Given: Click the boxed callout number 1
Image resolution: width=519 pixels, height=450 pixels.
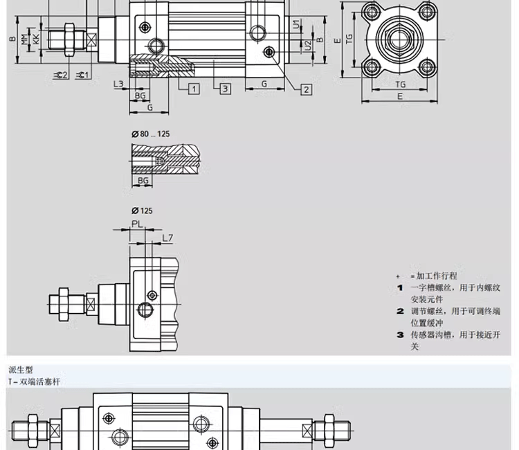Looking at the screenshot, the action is pyautogui.click(x=194, y=89).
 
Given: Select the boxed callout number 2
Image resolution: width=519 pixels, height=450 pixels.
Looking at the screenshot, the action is pyautogui.click(x=306, y=89).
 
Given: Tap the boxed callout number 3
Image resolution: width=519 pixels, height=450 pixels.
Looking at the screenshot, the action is pyautogui.click(x=226, y=89).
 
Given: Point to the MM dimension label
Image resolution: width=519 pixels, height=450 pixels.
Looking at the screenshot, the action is pyautogui.click(x=24, y=39).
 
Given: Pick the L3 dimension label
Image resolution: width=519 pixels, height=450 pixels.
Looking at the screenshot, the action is pyautogui.click(x=118, y=84).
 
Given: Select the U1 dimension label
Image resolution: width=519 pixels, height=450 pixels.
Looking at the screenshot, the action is pyautogui.click(x=296, y=25).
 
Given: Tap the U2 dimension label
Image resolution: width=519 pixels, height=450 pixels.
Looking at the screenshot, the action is pyautogui.click(x=307, y=45).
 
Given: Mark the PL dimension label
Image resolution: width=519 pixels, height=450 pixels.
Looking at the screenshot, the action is pyautogui.click(x=137, y=224).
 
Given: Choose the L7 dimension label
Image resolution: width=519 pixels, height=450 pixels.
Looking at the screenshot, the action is pyautogui.click(x=167, y=238).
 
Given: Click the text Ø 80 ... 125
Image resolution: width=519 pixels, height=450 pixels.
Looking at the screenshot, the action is pyautogui.click(x=150, y=134).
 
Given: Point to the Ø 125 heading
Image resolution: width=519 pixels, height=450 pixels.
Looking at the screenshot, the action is pyautogui.click(x=142, y=210).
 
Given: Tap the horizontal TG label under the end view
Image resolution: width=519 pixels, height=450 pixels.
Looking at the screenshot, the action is pyautogui.click(x=401, y=84).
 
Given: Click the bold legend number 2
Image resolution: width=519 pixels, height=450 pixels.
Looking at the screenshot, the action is pyautogui.click(x=400, y=312).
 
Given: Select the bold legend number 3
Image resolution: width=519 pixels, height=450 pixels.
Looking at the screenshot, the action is pyautogui.click(x=400, y=335).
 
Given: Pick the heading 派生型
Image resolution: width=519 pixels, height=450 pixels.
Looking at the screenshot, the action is pyautogui.click(x=21, y=370).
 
